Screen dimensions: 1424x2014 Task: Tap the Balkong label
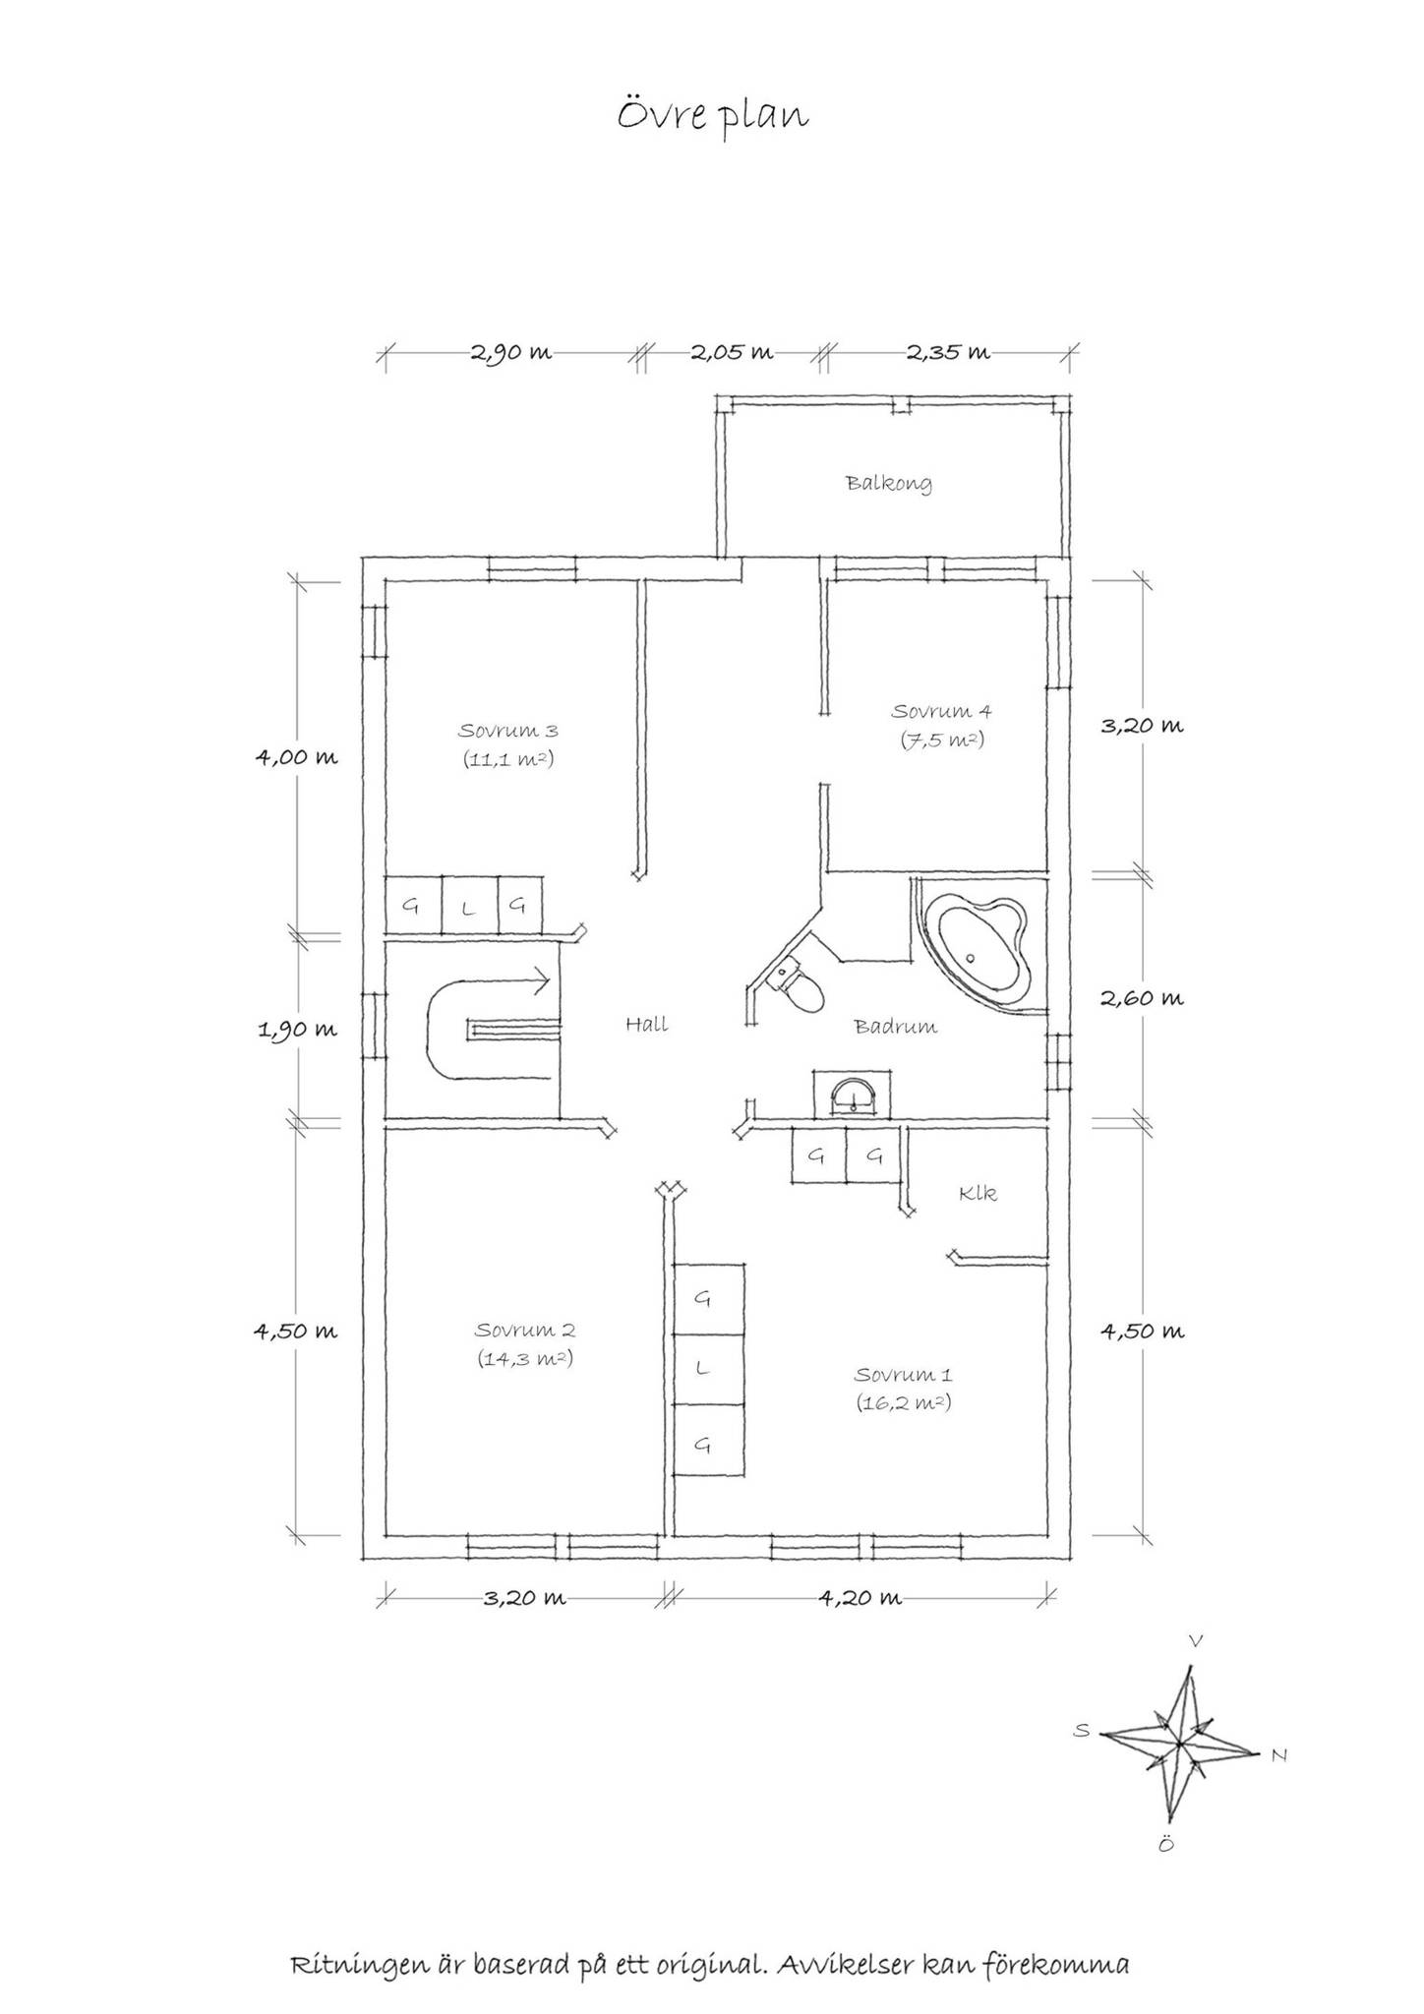tap(889, 484)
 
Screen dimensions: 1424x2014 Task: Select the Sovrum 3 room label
tap(508, 731)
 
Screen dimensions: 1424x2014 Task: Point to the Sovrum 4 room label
tap(941, 711)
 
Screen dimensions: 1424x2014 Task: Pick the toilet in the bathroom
tap(799, 987)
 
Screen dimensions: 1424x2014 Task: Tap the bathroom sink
tap(855, 1095)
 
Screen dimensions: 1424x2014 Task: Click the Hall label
tap(646, 1025)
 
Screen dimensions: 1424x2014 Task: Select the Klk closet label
tap(979, 1193)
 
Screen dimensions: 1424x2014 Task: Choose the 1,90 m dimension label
tap(297, 1030)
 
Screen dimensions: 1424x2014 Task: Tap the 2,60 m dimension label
tap(1142, 998)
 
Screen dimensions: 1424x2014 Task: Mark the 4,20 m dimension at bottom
tap(860, 1598)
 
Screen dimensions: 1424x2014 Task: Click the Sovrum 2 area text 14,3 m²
tap(525, 1358)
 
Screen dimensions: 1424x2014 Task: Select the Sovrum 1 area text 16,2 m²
tap(903, 1402)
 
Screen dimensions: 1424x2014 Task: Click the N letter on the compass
tap(1278, 1754)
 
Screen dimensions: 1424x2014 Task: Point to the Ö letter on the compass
tap(1165, 1844)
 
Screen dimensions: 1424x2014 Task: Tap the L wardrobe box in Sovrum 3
tap(469, 905)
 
